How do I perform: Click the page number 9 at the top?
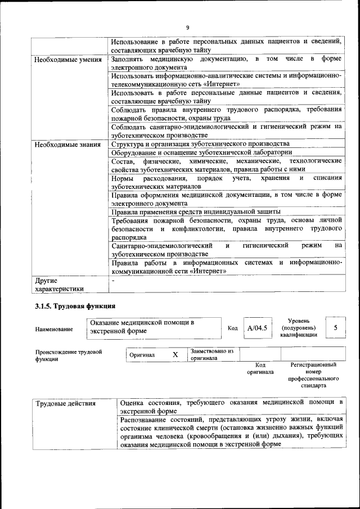coord(187,28)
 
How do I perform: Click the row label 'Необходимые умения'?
coord(68,60)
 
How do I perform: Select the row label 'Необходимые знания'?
coord(68,144)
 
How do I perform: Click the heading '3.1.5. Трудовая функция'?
coord(75,307)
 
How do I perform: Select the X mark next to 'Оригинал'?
coord(175,355)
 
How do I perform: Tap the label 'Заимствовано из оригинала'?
coord(211,354)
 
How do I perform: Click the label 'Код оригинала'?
coord(260,368)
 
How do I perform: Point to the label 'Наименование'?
coord(54,329)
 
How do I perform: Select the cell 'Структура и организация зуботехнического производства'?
coord(200,144)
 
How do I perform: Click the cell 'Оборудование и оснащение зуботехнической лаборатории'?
coord(201,152)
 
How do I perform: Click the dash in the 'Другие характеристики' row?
coord(113,280)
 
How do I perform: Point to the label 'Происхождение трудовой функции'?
coord(68,355)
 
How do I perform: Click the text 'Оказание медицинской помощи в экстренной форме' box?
coord(154,327)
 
